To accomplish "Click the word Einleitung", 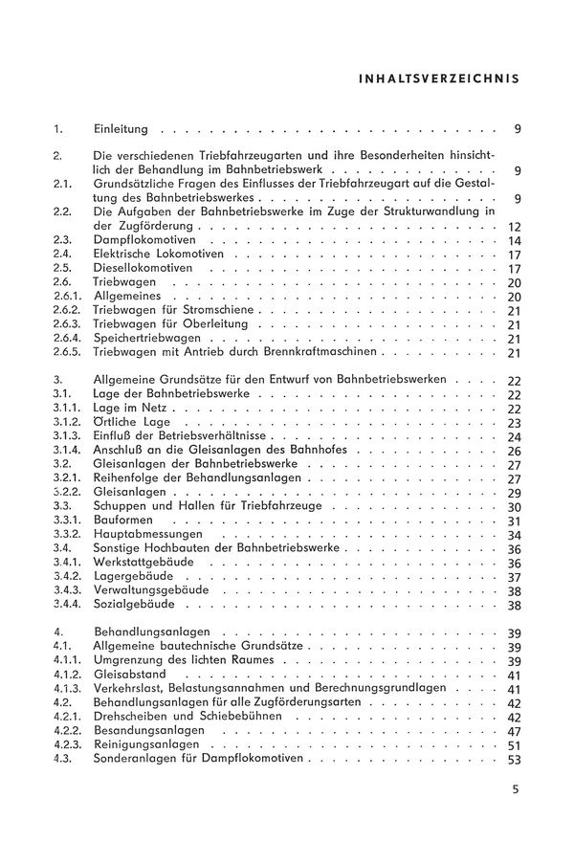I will tap(121, 128).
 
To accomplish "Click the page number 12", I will tap(514, 226).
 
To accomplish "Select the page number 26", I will tap(514, 451).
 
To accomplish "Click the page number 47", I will tap(514, 731).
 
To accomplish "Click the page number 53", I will tap(514, 760).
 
